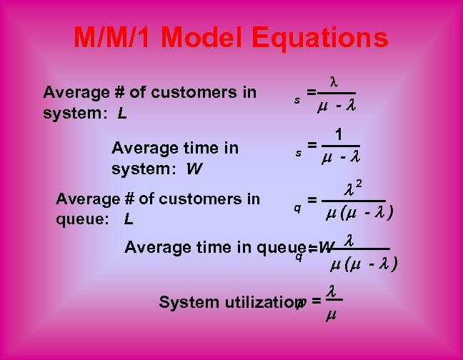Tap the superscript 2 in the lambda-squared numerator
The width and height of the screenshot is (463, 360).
[x=359, y=185]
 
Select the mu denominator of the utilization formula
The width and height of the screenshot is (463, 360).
[x=331, y=315]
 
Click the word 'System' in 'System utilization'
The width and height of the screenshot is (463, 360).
[x=181, y=302]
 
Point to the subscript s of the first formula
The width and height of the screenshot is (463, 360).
[x=297, y=101]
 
